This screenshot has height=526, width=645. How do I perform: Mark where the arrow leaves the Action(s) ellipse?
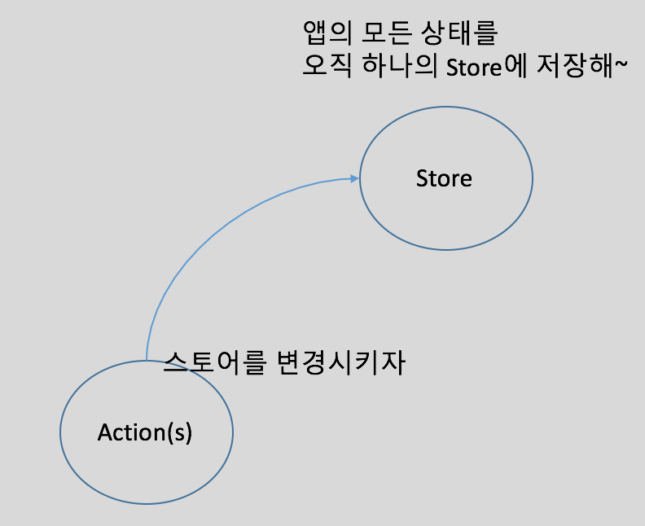coord(146,359)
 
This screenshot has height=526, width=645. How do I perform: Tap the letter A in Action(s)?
coord(104,432)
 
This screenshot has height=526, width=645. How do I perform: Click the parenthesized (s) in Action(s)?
coord(179,432)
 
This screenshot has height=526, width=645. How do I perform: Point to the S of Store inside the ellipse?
coord(421,178)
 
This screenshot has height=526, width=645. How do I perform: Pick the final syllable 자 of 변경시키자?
coord(393,362)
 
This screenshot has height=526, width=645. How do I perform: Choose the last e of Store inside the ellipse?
coord(466,179)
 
